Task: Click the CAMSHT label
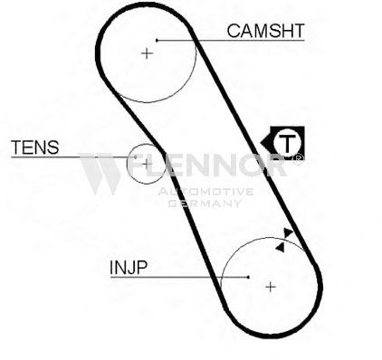[x=265, y=31]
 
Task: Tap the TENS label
[x=35, y=147]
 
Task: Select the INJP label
[x=129, y=267]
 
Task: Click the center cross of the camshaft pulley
[x=147, y=53]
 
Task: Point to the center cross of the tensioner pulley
[x=147, y=164]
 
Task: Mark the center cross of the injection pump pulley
[x=271, y=287]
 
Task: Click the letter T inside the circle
[x=287, y=143]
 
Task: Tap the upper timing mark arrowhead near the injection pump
[x=288, y=233]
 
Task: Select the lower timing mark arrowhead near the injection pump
[x=281, y=247]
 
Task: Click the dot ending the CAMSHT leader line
[x=157, y=40]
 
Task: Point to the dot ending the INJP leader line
[x=248, y=277]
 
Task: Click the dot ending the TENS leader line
[x=136, y=157]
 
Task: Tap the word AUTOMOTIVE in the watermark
[x=205, y=192]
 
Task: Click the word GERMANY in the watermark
[x=205, y=204]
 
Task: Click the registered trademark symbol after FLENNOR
[x=298, y=159]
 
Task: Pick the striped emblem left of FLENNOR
[x=100, y=173]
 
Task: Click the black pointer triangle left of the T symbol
[x=265, y=142]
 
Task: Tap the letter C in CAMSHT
[x=234, y=31]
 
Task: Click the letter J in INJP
[x=130, y=267]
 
